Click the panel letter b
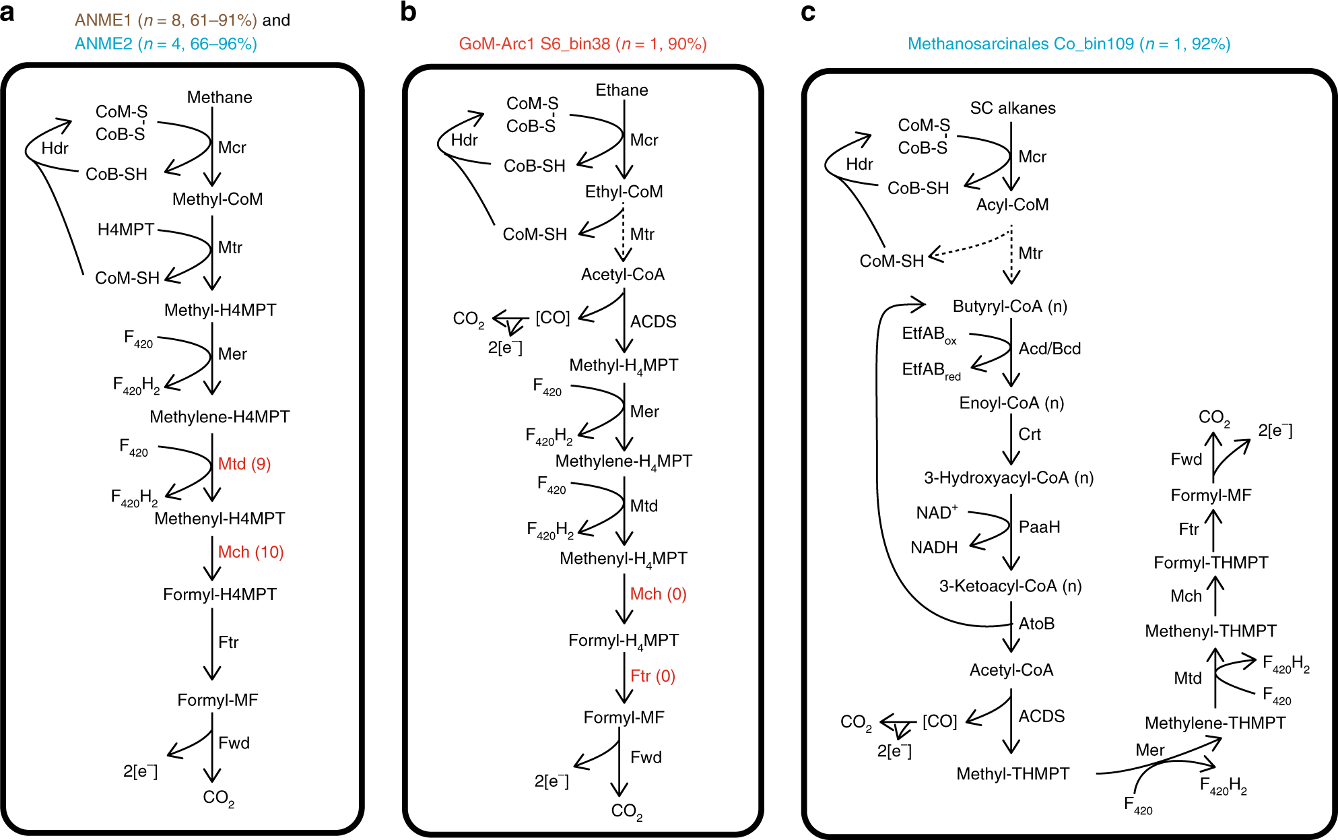[408, 13]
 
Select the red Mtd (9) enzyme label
[244, 464]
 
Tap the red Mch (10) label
[250, 552]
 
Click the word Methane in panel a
[220, 98]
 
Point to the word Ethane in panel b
[622, 90]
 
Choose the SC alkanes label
[1012, 108]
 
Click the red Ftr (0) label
[653, 676]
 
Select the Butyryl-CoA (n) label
[1009, 306]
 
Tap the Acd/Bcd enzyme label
[1049, 349]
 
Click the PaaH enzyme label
[1039, 527]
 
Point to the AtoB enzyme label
[1036, 624]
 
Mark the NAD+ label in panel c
[936, 513]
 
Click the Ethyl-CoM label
[624, 192]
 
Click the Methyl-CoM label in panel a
[218, 199]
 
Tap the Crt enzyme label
[1029, 434]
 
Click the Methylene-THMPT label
[1215, 723]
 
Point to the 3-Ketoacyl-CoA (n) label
[1010, 586]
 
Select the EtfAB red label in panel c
[931, 370]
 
